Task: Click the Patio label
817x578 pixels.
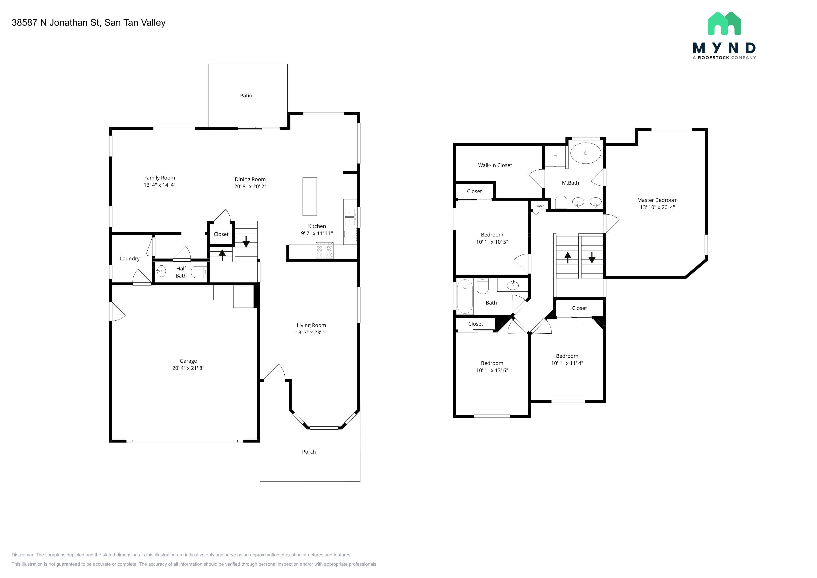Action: pyautogui.click(x=246, y=95)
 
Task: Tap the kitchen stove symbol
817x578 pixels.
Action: pyautogui.click(x=324, y=250)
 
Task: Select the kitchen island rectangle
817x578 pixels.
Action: pyautogui.click(x=310, y=196)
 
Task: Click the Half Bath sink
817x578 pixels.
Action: pyautogui.click(x=161, y=271)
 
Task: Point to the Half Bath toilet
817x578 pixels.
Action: pyautogui.click(x=199, y=272)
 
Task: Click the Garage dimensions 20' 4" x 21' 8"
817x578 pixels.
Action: pyautogui.click(x=188, y=368)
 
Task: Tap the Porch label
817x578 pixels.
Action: pyautogui.click(x=309, y=452)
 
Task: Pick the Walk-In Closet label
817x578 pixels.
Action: pyautogui.click(x=495, y=165)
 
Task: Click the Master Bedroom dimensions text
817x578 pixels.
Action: pyautogui.click(x=657, y=207)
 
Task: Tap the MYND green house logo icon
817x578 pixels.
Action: pyautogui.click(x=724, y=24)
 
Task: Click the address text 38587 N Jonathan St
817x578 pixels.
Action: pyautogui.click(x=56, y=22)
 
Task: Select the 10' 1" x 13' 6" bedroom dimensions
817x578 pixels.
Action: pyautogui.click(x=492, y=370)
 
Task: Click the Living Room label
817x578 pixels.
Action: pyautogui.click(x=311, y=325)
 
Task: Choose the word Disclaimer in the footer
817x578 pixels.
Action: pyautogui.click(x=23, y=555)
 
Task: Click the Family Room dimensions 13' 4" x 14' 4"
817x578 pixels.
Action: pyautogui.click(x=159, y=185)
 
